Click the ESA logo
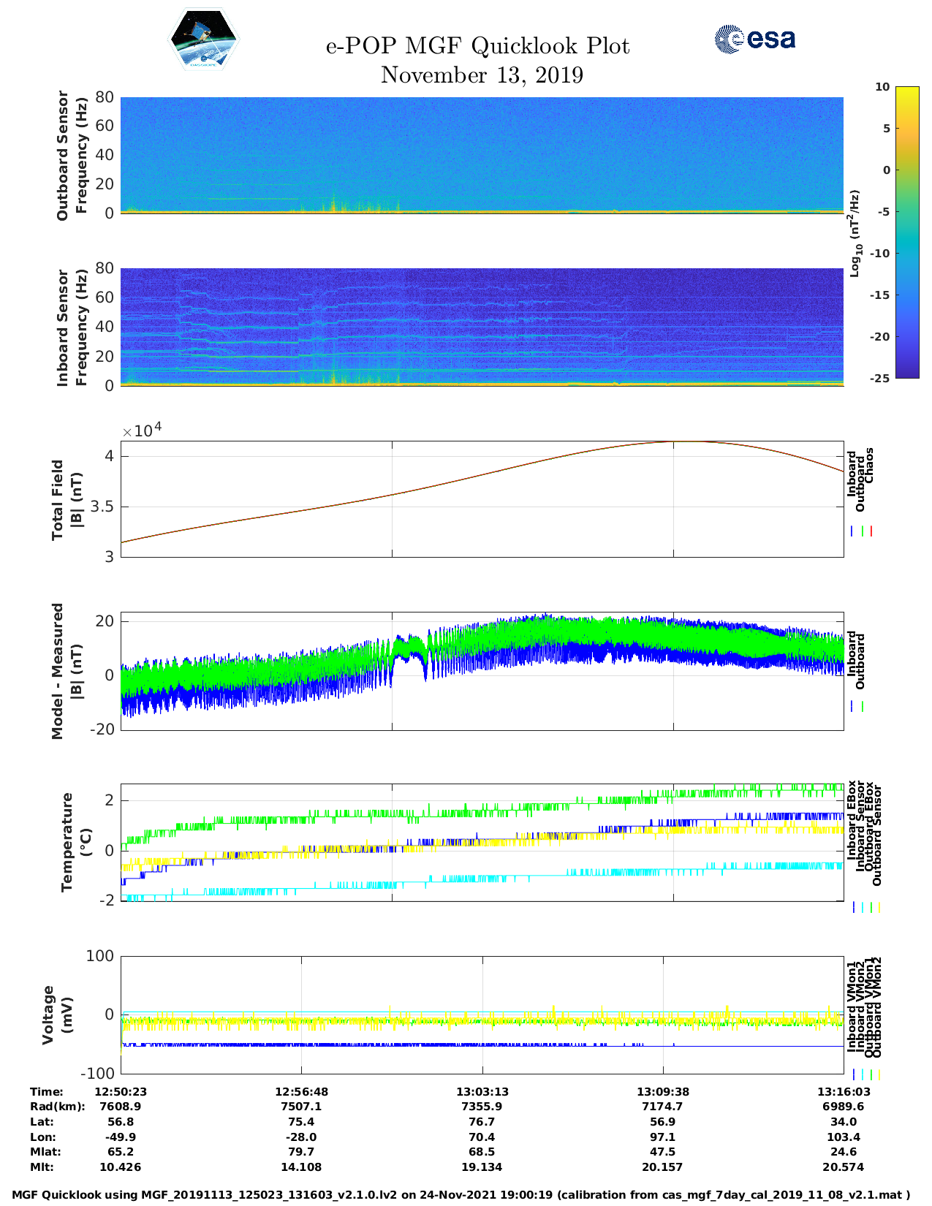point(755,39)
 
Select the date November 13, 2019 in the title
point(482,75)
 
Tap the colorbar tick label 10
point(882,87)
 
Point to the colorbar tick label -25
point(880,378)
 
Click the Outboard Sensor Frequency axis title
point(72,155)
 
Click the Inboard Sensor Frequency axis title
point(72,327)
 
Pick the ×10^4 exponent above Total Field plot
point(142,431)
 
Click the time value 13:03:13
point(482,1091)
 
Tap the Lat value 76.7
point(482,1121)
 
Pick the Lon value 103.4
point(843,1137)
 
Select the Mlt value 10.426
point(121,1167)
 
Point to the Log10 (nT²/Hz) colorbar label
point(855,233)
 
